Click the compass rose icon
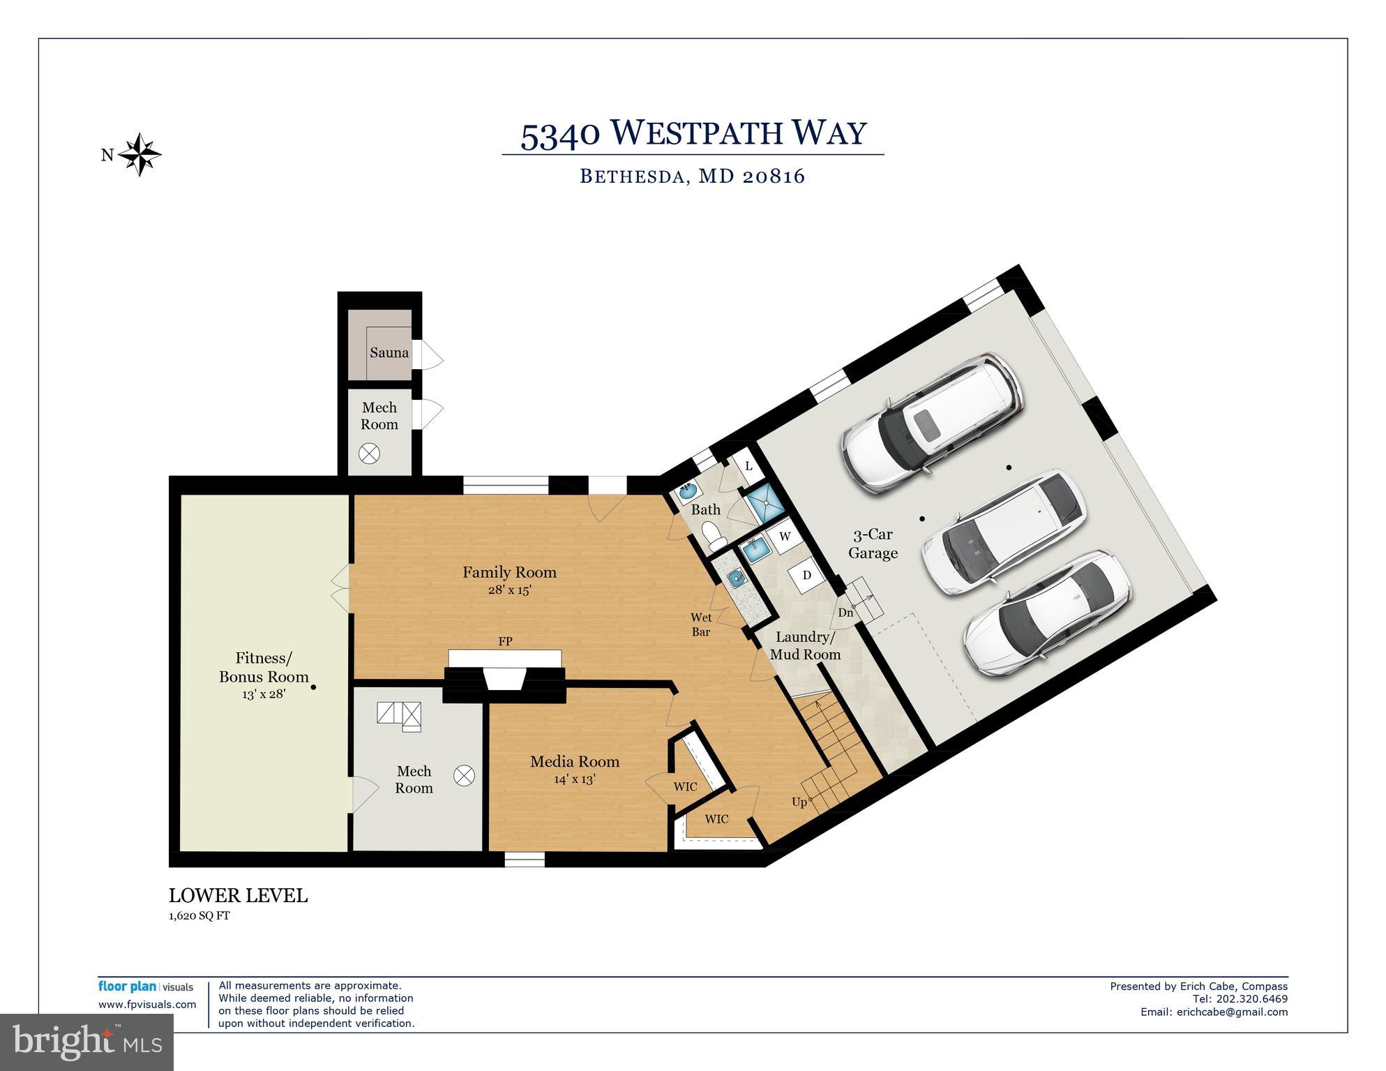pos(140,154)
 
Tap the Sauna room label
pos(389,353)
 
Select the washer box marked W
pos(785,537)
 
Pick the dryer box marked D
pos(807,576)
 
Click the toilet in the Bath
pos(711,536)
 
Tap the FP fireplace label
pos(505,641)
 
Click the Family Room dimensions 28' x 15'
pos(509,590)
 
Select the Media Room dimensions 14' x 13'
pos(574,779)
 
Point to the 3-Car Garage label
pos(873,544)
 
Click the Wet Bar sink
pos(735,578)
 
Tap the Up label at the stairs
pos(799,802)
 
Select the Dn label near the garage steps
pos(845,613)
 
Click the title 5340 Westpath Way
pos(693,133)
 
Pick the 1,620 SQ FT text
pos(199,916)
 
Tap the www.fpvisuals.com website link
pos(147,1005)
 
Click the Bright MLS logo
pos(86,1042)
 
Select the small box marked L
pos(748,466)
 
